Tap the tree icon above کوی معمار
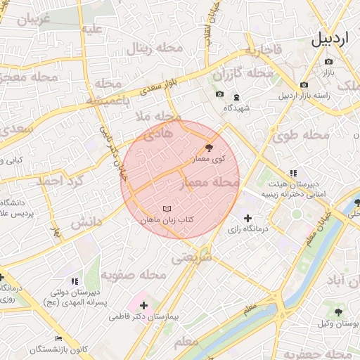pos(208,148)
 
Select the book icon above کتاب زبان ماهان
pos(167,209)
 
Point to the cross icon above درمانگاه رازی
pos(247,219)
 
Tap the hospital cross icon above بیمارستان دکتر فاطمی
pos(144,305)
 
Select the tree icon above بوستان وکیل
pos(338,311)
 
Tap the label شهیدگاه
pos(237,108)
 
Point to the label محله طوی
pos(308,134)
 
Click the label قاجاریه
pos(263,50)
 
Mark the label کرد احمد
pos(62,181)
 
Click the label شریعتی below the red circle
pos(193,258)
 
